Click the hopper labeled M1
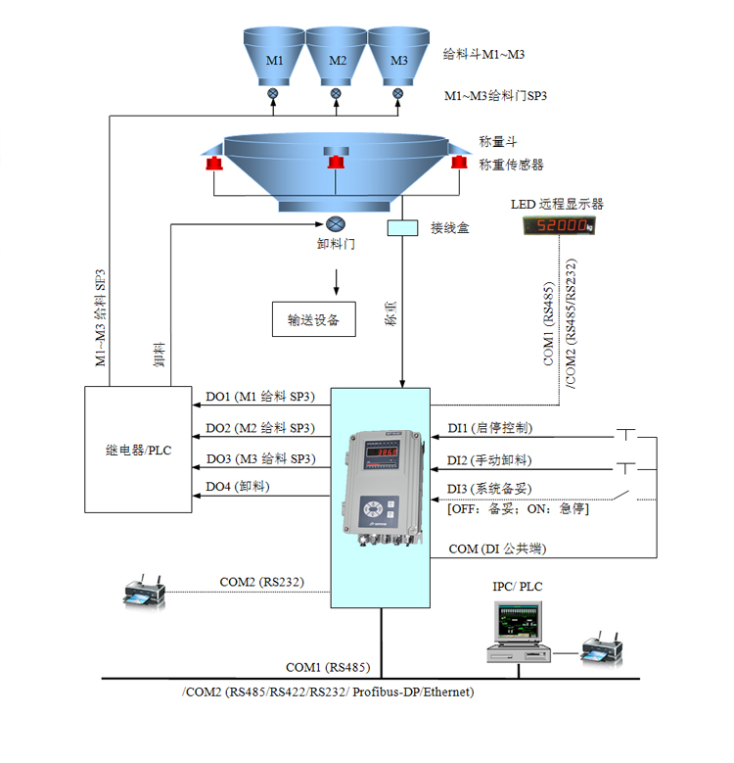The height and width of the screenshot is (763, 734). pyautogui.click(x=275, y=58)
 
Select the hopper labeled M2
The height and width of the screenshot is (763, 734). pyautogui.click(x=337, y=58)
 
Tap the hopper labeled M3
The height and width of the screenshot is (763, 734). pyautogui.click(x=398, y=58)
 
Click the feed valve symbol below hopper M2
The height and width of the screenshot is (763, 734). pyautogui.click(x=337, y=94)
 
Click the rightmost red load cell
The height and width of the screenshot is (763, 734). pyautogui.click(x=457, y=163)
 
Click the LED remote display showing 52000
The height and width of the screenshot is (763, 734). pyautogui.click(x=558, y=225)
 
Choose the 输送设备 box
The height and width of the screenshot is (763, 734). pyautogui.click(x=313, y=319)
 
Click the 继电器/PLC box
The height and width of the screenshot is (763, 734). pyautogui.click(x=138, y=449)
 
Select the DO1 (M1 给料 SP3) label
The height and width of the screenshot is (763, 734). pyautogui.click(x=259, y=398)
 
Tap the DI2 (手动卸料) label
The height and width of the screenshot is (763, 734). pyautogui.click(x=489, y=459)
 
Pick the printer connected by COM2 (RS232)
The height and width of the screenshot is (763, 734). pyautogui.click(x=144, y=591)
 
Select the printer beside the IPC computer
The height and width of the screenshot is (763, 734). pyautogui.click(x=599, y=648)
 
